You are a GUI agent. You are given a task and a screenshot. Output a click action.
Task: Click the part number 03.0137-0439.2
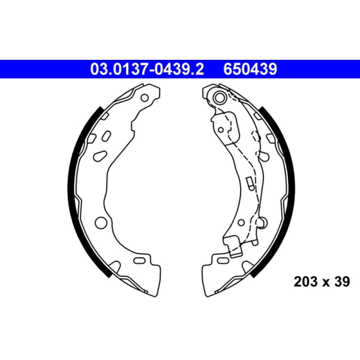pos(148,69)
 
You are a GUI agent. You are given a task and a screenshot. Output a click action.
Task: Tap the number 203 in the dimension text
pos(303,282)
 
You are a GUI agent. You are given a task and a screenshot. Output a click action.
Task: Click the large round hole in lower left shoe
pos(101,222)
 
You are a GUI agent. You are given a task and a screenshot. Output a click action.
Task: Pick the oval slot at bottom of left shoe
pos(140,260)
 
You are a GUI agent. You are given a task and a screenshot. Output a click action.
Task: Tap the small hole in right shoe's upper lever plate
pos(220,130)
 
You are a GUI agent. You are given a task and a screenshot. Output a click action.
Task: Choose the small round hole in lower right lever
pos(241,222)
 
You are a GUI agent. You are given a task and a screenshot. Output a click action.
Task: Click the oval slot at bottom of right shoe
pos(222,260)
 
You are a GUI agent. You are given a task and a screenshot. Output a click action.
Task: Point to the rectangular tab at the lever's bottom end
pos(234,247)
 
